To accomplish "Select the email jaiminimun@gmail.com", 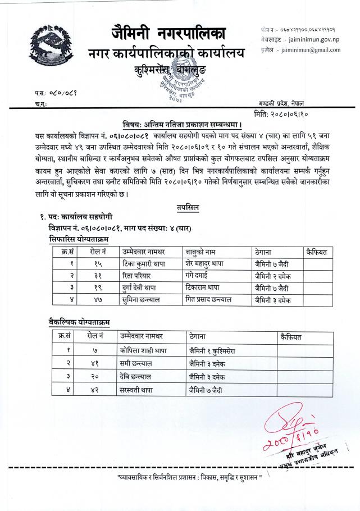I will pos(309,50).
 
